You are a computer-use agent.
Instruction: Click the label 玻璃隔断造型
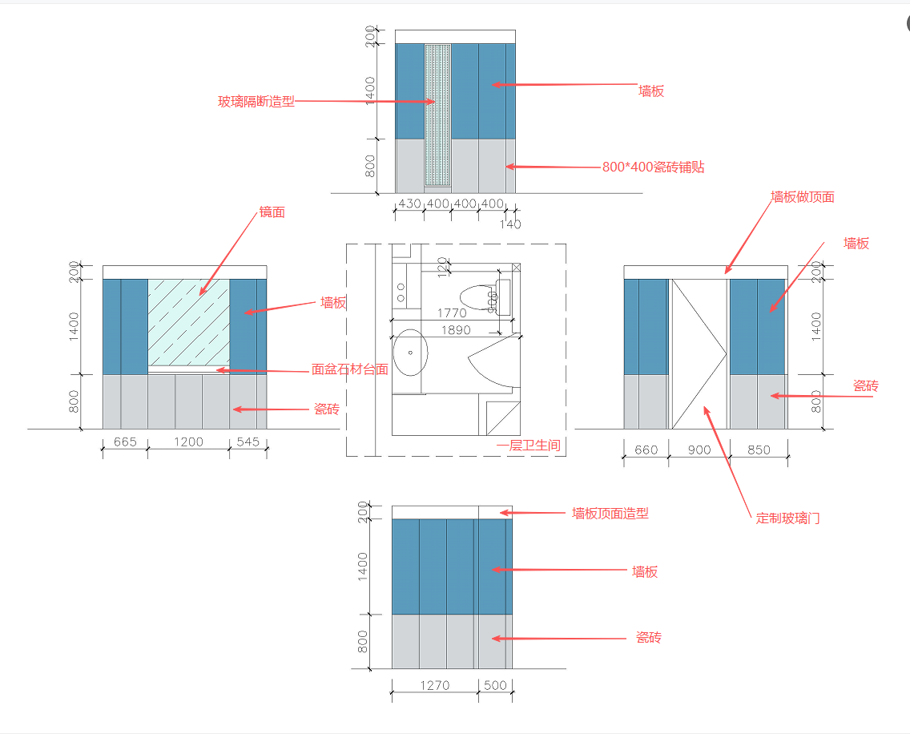(x=256, y=102)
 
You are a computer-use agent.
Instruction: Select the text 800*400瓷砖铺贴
(x=653, y=167)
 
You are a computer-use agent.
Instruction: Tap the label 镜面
(x=272, y=212)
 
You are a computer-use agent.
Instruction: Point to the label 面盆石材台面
(x=349, y=369)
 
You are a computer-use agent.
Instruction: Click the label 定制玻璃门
(x=787, y=518)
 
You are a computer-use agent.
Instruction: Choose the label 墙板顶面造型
(x=610, y=513)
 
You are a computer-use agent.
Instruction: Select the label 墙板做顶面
(x=802, y=196)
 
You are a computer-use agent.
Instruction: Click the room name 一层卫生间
(x=528, y=446)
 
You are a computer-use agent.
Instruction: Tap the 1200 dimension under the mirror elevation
(x=189, y=442)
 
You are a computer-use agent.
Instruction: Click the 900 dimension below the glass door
(x=699, y=450)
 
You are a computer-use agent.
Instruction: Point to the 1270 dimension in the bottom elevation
(x=435, y=685)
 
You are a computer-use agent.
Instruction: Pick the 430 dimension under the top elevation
(x=409, y=204)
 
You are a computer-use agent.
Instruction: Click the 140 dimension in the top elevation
(x=510, y=224)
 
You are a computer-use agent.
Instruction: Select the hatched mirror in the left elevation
(x=189, y=325)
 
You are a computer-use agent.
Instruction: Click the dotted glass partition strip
(x=437, y=116)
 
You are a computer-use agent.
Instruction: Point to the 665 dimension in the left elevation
(x=125, y=442)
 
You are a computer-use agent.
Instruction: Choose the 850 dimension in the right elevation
(x=758, y=450)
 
